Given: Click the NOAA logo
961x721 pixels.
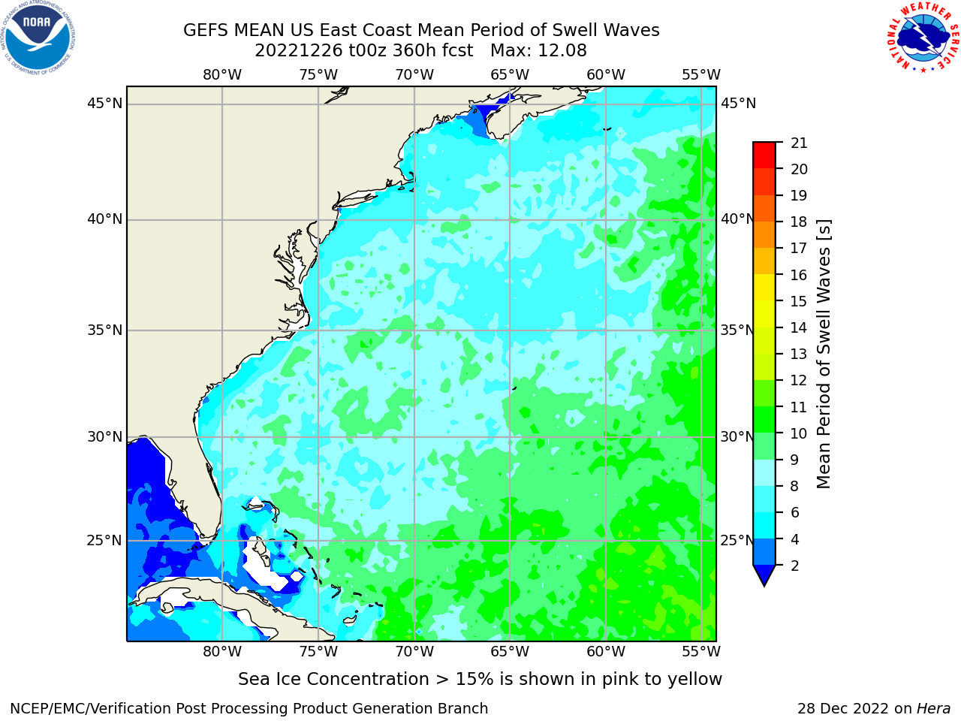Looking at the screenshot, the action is coord(38,38).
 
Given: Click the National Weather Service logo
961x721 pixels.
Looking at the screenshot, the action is coord(923,38).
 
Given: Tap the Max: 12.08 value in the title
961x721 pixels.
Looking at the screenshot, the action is coord(538,51).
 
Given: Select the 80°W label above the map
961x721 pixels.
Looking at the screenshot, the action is coord(222,75).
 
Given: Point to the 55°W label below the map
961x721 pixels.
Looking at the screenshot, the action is coord(701,652).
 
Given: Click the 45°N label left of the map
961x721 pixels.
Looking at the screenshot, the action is coord(104,104).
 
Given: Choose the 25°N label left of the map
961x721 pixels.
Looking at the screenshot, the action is coord(104,541).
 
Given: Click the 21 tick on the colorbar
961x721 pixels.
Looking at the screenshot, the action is coord(799,143).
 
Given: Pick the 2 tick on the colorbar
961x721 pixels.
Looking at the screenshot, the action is coord(794,566).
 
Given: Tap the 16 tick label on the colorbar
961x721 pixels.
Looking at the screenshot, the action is coord(799,275).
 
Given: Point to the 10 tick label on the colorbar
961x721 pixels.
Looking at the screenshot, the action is coord(799,433).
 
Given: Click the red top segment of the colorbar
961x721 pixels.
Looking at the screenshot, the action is coord(764,155).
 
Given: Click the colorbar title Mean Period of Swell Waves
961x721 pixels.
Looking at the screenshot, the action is coord(824,354).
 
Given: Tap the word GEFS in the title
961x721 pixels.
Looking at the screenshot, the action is coord(206,31).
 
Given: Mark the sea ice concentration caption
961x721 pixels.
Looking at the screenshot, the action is coord(480,679).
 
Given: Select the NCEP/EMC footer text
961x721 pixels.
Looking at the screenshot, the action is coord(249,708).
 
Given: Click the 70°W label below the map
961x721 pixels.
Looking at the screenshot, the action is coord(414,652).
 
